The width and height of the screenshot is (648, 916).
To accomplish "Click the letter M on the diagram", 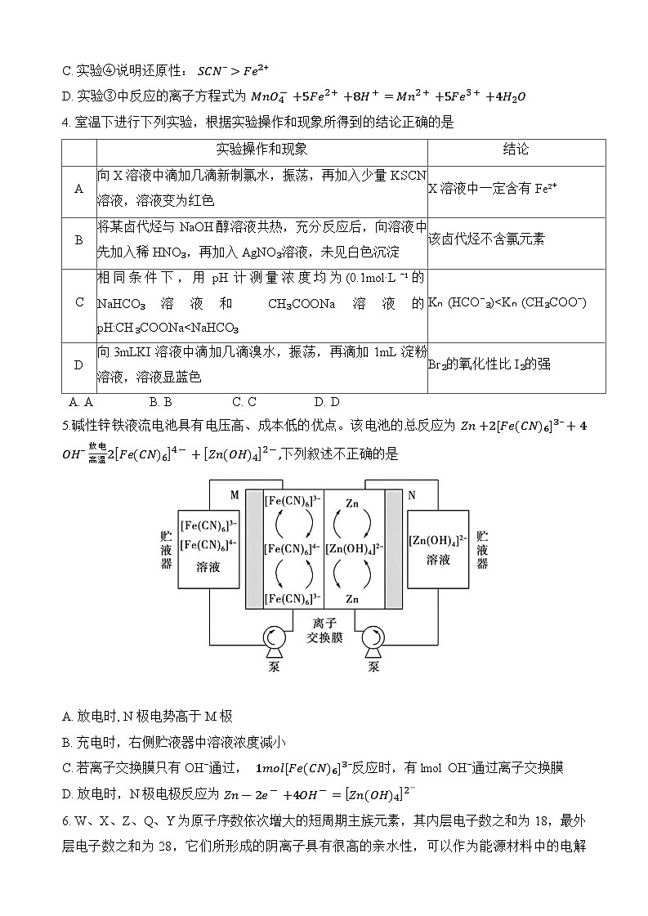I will coord(235,494).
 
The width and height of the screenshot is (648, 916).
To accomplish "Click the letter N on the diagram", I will coord(411,494).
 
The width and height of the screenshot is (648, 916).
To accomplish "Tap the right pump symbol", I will coord(373,640).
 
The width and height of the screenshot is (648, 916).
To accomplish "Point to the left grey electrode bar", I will coord(254,549).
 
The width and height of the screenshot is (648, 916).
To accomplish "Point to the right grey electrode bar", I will coord(394,549).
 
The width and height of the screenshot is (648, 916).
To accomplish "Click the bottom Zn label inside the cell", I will coord(352,600).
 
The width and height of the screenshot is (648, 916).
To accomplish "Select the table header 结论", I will coord(516,150).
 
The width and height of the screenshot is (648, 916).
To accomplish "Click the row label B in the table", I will coord(79,240).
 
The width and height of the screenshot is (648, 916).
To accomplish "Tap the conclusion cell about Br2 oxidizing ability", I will coord(489,364).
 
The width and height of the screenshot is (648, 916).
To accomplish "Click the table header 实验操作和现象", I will coord(261,150).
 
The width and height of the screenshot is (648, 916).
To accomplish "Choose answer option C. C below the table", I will coord(244,401).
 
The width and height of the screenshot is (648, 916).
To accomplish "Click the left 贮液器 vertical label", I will coord(165,550).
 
